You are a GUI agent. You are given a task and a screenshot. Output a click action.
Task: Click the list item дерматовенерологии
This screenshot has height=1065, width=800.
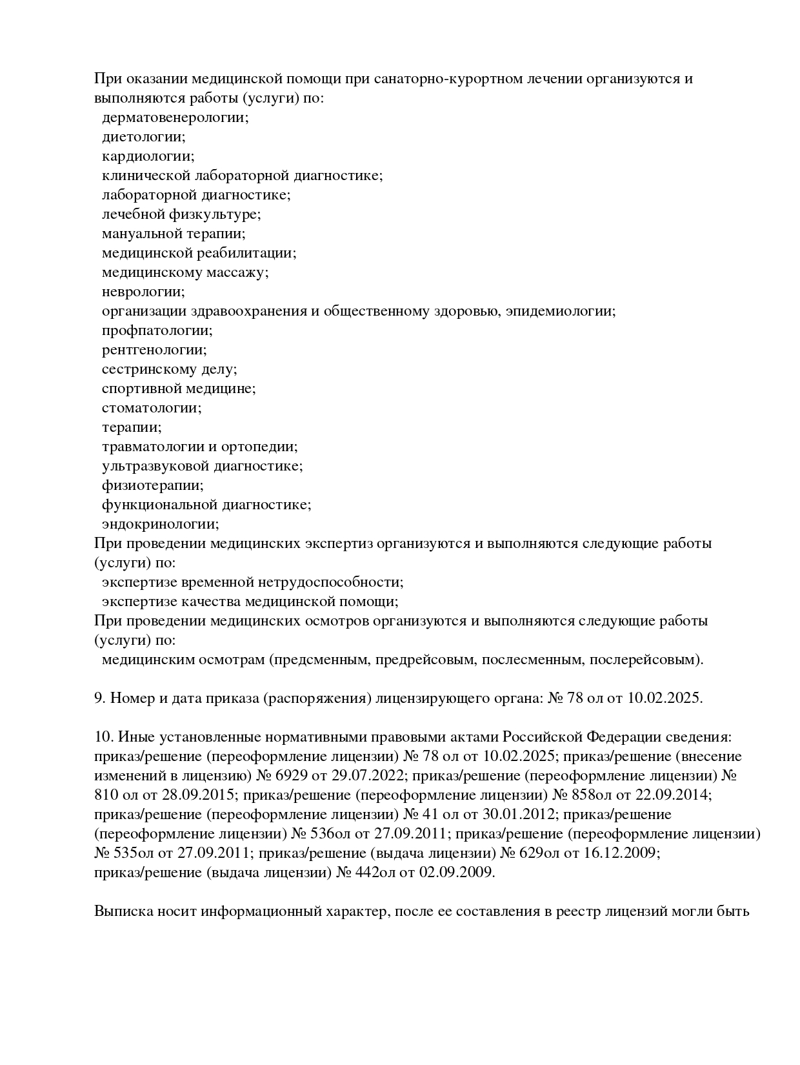tap(175, 117)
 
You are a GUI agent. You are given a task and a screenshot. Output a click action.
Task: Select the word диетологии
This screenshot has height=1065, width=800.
tap(143, 137)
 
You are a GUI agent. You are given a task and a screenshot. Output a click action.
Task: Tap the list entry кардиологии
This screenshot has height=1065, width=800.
tap(148, 156)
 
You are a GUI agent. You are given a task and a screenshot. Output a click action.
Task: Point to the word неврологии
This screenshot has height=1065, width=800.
tap(143, 292)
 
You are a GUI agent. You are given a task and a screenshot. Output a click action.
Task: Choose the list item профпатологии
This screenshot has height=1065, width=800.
tap(157, 330)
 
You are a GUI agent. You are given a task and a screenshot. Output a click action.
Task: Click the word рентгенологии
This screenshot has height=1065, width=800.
tap(154, 350)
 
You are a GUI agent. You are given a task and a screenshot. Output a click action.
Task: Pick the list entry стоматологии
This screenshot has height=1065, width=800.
tap(151, 408)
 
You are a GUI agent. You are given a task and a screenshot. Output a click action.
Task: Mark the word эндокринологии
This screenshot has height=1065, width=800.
tap(160, 524)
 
